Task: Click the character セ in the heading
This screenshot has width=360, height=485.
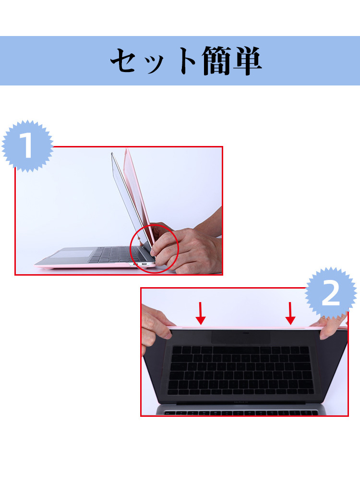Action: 126,61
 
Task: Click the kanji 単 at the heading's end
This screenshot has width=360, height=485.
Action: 248,61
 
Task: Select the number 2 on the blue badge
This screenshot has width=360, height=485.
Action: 331,293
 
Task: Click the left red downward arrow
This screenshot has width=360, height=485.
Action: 201,313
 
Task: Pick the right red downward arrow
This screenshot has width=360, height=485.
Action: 290,313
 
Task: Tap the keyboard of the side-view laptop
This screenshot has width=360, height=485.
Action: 110,254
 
